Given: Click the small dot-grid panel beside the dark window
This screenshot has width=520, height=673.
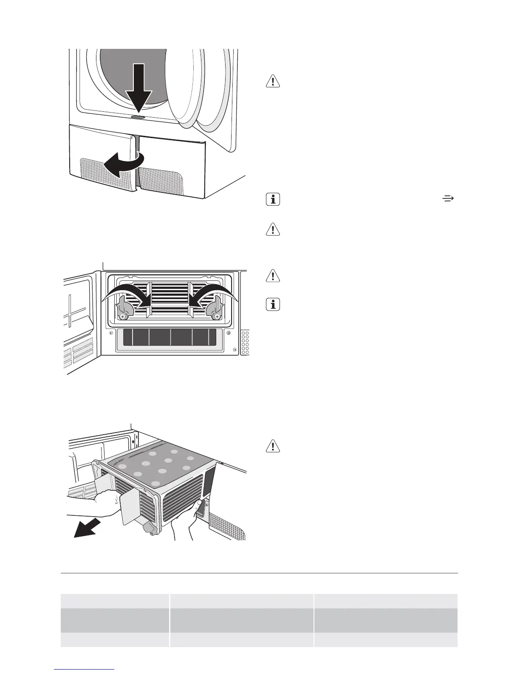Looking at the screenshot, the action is [245, 342].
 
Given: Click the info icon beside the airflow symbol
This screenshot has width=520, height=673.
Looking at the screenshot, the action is [273, 199].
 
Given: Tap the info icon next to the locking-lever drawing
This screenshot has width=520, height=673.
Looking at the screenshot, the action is [273, 305].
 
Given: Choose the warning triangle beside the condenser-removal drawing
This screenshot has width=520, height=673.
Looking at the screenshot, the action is [273, 446].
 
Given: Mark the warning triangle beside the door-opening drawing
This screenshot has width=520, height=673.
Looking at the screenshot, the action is [273, 81].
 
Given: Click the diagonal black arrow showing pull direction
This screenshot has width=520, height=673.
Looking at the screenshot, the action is [88, 528].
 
